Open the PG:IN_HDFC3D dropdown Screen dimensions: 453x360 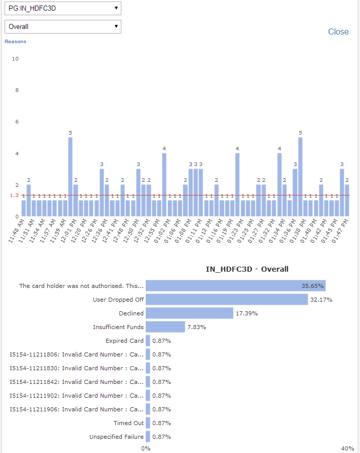click(62, 8)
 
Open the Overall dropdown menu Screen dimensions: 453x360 click(62, 26)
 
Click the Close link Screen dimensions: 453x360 click(338, 31)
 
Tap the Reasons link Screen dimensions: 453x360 click(15, 42)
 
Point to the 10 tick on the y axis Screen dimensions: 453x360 click(15, 59)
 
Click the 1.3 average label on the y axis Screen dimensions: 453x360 click(14, 196)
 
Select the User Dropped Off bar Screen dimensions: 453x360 click(227, 300)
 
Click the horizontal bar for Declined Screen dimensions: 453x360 click(189, 313)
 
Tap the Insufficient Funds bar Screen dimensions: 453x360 click(166, 327)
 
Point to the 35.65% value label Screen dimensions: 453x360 click(312, 286)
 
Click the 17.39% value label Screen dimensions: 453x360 click(246, 313)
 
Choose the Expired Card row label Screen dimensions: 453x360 click(124, 341)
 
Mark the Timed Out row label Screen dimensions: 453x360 click(128, 423)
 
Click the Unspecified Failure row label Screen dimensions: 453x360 click(116, 437)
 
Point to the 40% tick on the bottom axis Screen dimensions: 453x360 click(348, 448)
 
